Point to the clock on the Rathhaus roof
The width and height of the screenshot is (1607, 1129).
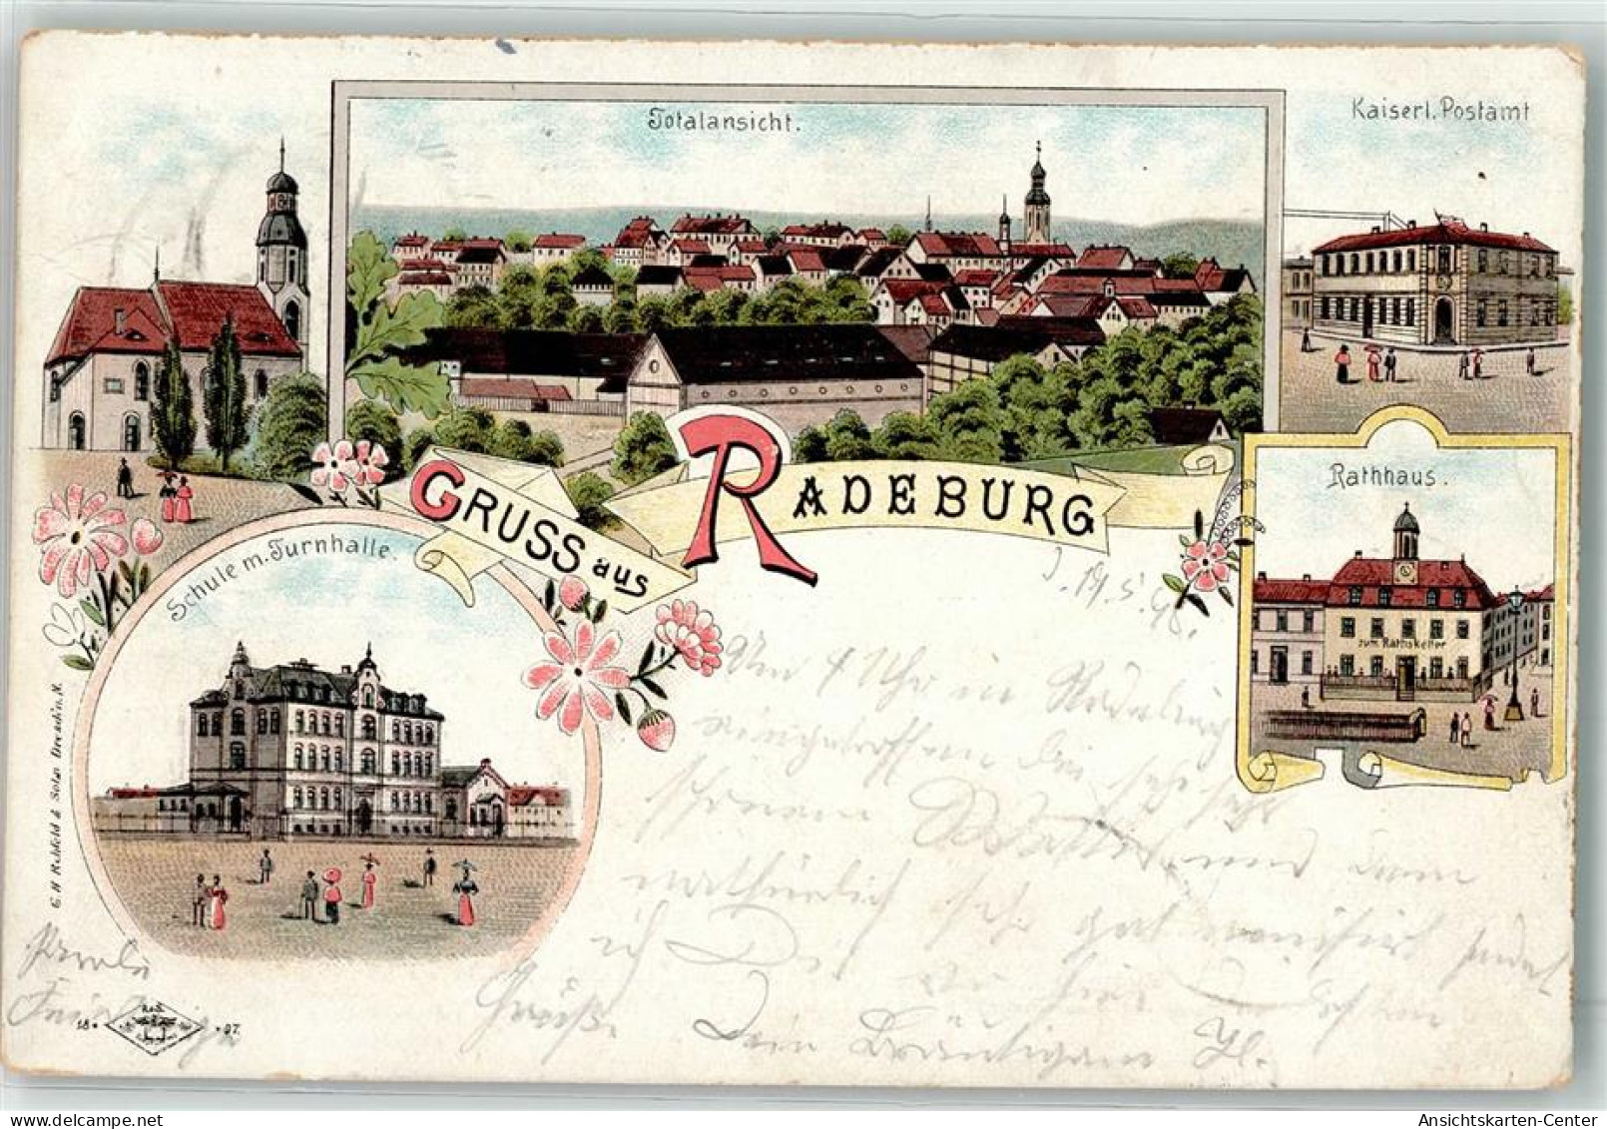[1405, 572]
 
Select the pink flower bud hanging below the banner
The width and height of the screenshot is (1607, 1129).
[655, 730]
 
